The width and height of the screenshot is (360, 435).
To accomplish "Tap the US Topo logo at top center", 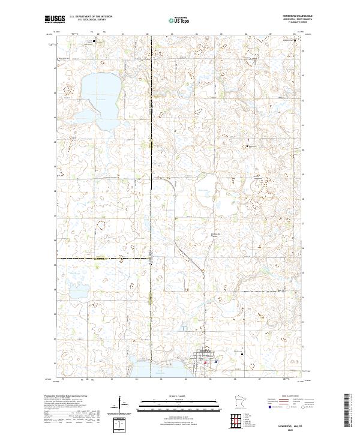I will [x=180, y=20].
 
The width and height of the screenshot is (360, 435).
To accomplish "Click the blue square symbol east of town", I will [x=215, y=362].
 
